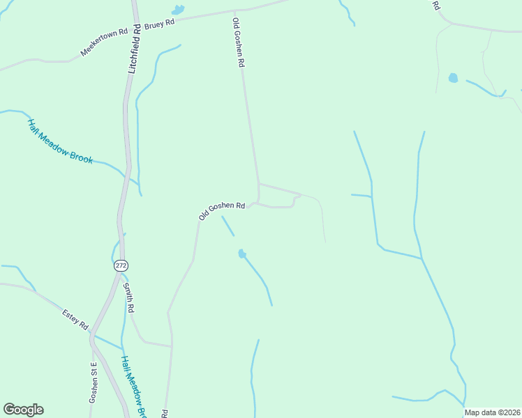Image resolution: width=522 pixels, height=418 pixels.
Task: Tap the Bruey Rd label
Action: (159, 23)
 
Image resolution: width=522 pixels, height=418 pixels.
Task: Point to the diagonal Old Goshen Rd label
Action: (221, 210)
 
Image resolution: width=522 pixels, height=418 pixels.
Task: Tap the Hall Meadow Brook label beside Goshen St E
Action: (132, 387)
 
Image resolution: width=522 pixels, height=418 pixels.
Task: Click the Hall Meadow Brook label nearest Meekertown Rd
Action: (60, 141)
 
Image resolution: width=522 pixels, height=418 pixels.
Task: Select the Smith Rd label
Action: (128, 297)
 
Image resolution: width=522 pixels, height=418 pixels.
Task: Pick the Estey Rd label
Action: (75, 317)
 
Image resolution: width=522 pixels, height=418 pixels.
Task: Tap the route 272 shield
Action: (121, 266)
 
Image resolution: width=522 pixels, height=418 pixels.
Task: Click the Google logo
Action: (23, 410)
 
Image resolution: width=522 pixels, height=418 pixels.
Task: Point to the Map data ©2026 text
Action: (492, 412)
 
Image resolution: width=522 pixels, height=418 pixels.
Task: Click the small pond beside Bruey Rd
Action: (178, 10)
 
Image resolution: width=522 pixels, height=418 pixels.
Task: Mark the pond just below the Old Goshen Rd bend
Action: (241, 254)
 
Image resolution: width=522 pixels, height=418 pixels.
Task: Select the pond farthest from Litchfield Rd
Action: (453, 78)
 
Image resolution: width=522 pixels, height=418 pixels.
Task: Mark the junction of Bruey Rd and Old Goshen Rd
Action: (234, 11)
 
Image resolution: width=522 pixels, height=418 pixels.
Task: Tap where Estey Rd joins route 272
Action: (92, 335)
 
